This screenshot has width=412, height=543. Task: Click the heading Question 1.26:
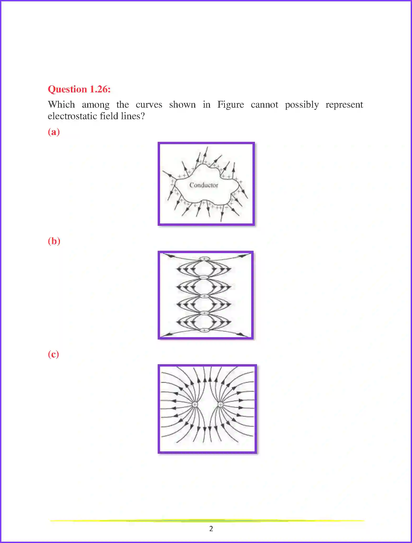tap(79, 89)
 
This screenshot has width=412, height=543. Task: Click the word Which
tap(61, 105)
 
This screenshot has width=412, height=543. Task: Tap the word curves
tap(149, 105)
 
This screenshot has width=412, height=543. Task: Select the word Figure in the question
tap(230, 105)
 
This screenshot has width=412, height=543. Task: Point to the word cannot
tap(264, 105)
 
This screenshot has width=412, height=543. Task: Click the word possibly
tap(302, 105)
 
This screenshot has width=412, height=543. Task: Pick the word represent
tap(344, 105)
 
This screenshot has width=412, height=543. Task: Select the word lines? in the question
tap(133, 116)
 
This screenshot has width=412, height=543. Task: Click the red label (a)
tap(54, 132)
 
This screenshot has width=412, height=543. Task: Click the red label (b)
tap(54, 241)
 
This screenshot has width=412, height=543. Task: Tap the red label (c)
tap(53, 354)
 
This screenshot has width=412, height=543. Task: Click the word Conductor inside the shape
tap(204, 185)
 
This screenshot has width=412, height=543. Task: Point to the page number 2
tap(211, 529)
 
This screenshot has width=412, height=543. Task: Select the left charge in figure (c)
tap(195, 405)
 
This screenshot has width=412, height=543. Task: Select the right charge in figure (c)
tap(220, 404)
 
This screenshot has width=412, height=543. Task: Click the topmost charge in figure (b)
tap(204, 259)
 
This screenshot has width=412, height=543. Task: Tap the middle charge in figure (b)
tap(204, 296)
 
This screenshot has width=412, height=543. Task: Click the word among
tap(96, 105)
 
